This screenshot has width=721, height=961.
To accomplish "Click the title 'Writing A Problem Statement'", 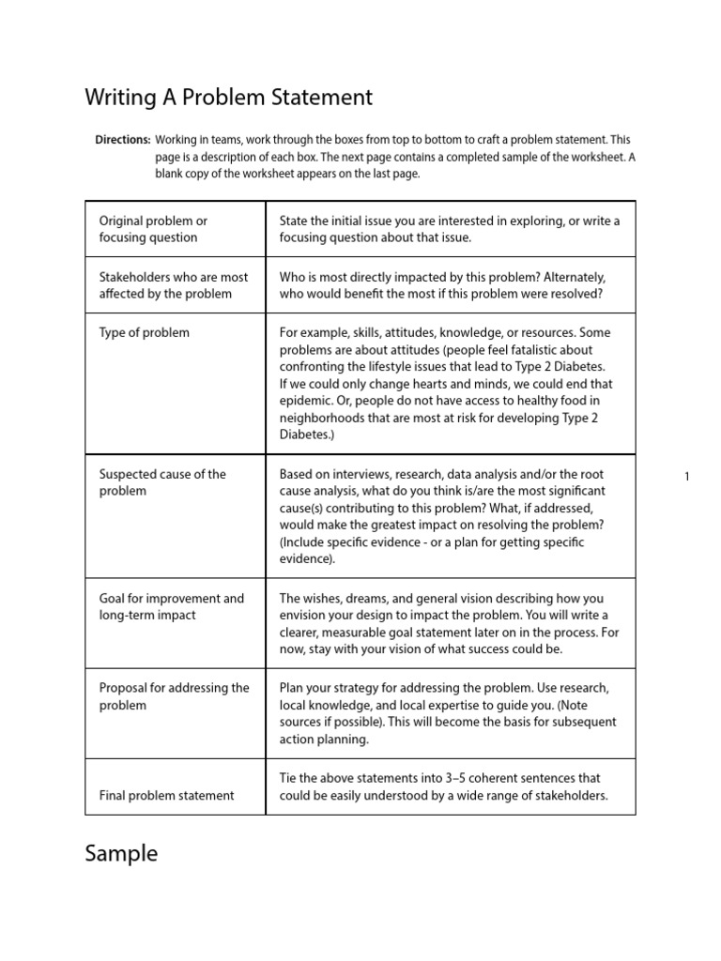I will [x=228, y=97].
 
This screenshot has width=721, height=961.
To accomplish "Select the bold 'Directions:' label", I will [x=122, y=139].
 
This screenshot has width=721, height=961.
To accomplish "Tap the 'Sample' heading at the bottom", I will [x=121, y=853].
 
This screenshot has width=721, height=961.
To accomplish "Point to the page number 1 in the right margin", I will [x=686, y=477].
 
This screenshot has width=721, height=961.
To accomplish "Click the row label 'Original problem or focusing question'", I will [x=153, y=229].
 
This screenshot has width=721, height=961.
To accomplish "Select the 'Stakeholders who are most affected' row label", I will [x=174, y=285].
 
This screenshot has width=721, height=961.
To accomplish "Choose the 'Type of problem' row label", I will [x=144, y=332].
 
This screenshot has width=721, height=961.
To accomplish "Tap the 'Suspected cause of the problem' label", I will [x=162, y=482].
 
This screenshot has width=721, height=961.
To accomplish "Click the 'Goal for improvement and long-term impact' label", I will [x=171, y=606].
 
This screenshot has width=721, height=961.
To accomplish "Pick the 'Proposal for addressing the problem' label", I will [x=174, y=696].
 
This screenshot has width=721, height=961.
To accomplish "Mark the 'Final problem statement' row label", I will [x=166, y=795].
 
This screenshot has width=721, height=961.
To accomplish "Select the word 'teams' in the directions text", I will [x=222, y=139].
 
